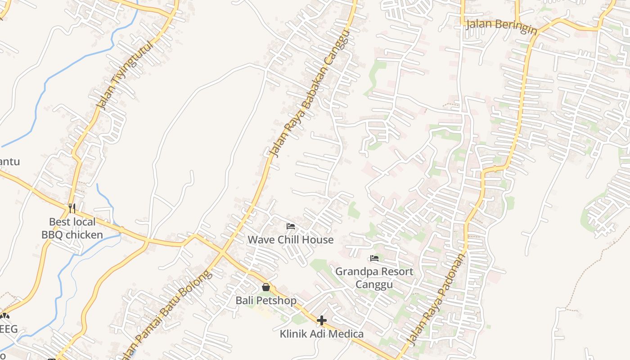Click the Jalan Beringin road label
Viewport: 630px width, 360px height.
(501, 25)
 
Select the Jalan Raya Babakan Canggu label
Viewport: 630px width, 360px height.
(310, 94)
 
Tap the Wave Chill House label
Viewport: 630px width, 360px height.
(291, 240)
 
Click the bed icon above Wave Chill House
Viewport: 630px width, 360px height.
(291, 226)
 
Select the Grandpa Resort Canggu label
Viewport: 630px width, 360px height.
(374, 278)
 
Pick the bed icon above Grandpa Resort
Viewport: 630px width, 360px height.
(374, 258)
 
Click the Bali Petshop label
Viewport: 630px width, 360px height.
(266, 300)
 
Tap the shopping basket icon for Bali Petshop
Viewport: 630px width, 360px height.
(266, 287)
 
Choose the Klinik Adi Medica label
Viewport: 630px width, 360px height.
(321, 334)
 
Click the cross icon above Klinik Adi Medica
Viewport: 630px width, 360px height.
(321, 320)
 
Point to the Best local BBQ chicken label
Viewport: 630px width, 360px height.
(72, 228)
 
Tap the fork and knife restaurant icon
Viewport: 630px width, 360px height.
(72, 208)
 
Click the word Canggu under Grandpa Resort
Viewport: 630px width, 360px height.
(374, 284)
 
